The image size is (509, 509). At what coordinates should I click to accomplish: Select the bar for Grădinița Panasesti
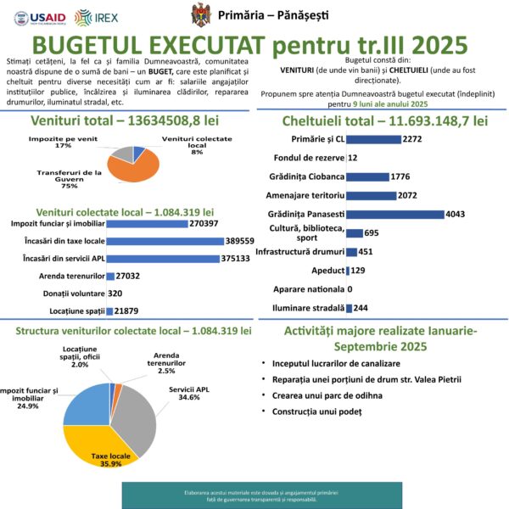(x=394, y=214)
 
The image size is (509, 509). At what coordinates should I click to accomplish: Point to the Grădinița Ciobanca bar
(x=367, y=176)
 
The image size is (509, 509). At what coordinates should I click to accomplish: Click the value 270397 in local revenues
(x=204, y=224)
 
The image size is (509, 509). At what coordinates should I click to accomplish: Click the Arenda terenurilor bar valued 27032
(x=110, y=277)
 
